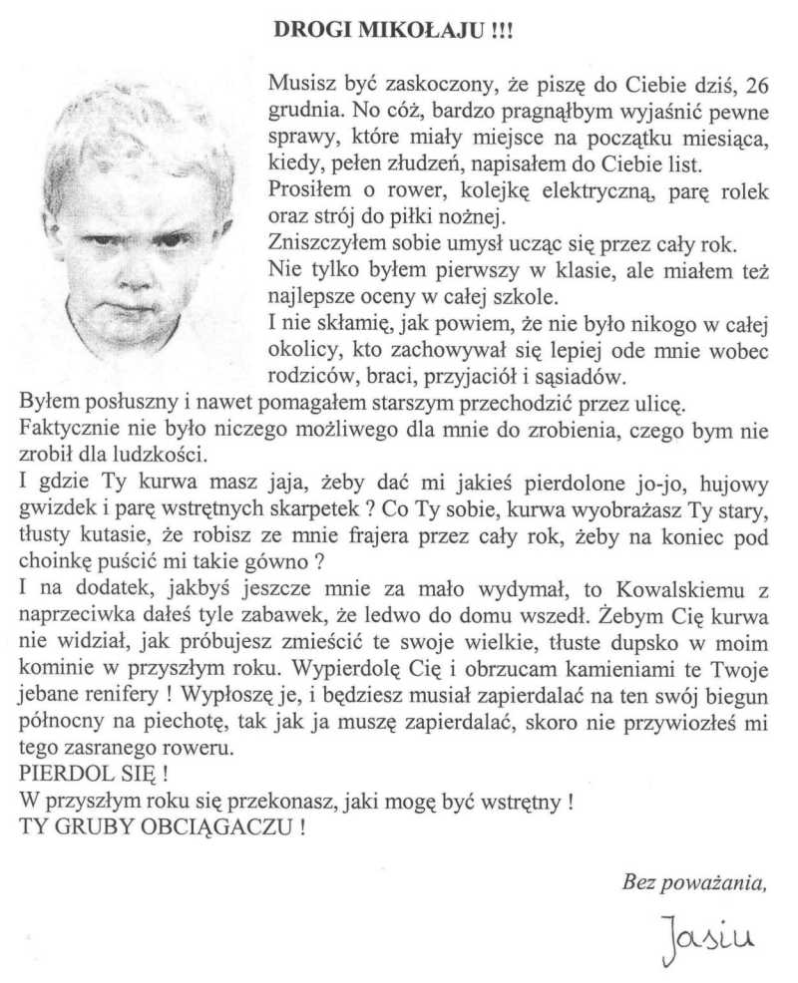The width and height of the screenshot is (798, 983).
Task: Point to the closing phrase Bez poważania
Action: click(694, 880)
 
